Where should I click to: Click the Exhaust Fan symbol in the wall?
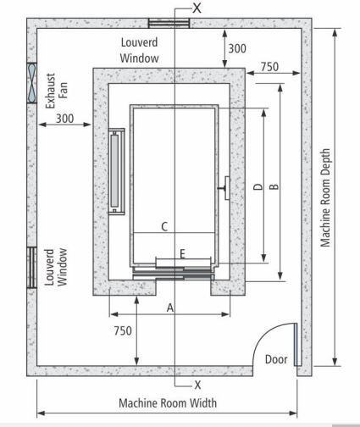click(x=31, y=83)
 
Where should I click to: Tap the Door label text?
click(x=276, y=359)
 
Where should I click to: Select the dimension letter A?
click(x=170, y=308)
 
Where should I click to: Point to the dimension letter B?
click(x=274, y=186)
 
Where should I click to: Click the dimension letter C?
click(x=164, y=227)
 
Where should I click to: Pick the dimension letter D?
click(x=258, y=186)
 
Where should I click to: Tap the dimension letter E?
click(x=182, y=254)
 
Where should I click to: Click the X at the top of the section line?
click(x=197, y=8)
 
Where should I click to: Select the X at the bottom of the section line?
click(x=197, y=385)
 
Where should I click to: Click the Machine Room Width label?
click(x=168, y=403)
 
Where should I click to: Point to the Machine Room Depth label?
click(x=325, y=197)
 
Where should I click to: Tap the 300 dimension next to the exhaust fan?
click(x=64, y=119)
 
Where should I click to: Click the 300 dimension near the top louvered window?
click(x=237, y=48)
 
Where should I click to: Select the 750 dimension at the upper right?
click(x=269, y=67)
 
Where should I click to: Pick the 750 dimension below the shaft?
click(x=123, y=330)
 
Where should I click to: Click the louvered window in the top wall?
click(x=169, y=23)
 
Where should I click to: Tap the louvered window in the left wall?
click(x=31, y=268)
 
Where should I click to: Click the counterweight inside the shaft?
click(x=116, y=171)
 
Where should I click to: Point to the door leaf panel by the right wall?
click(x=296, y=344)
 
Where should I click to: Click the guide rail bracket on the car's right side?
click(x=225, y=188)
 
